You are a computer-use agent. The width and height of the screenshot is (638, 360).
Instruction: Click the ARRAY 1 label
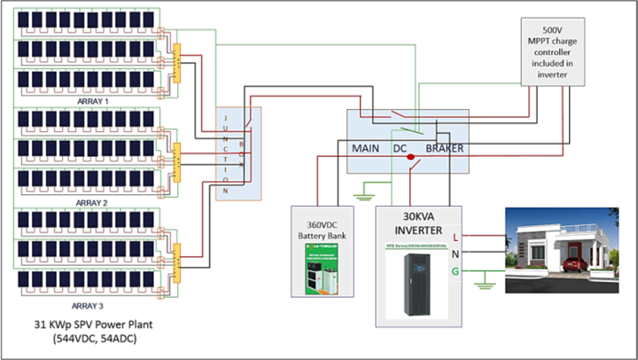tap(92, 101)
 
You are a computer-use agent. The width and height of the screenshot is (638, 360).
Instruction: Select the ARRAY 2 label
tap(92, 202)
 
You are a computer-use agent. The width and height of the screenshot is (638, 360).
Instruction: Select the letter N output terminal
tap(455, 254)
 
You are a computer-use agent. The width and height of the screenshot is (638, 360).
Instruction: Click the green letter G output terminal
tap(455, 271)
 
